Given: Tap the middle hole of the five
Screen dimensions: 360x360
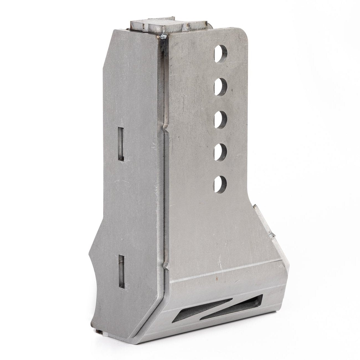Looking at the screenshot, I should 221,117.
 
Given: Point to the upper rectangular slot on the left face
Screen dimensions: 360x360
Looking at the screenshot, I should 121,144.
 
